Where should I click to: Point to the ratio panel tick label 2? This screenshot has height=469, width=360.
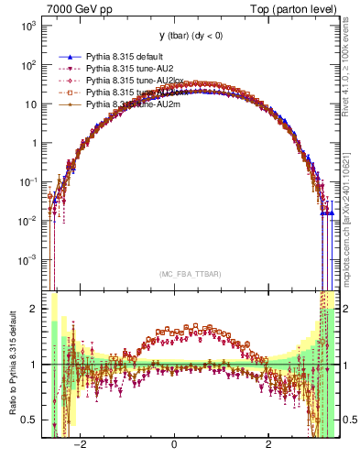pyautogui.click(x=34, y=309)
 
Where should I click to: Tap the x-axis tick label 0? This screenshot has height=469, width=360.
pyautogui.click(x=174, y=444)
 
